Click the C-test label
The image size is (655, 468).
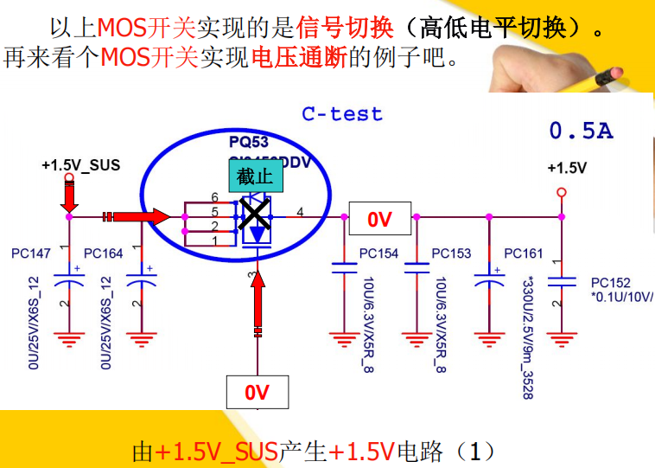click(342, 113)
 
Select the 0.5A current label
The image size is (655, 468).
click(581, 131)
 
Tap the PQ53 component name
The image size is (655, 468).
click(248, 141)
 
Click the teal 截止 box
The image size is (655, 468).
click(255, 176)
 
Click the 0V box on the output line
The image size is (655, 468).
click(379, 220)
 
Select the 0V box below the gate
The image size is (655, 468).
click(257, 393)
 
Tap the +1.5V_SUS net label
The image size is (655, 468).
click(80, 164)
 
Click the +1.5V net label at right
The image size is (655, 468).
click(567, 168)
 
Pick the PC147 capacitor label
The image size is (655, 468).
click(31, 253)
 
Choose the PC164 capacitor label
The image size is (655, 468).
click(104, 253)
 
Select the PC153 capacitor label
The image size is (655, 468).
click(451, 253)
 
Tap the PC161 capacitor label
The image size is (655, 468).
click(524, 253)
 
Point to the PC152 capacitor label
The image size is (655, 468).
click(611, 283)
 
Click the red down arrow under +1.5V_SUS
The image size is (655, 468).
click(70, 197)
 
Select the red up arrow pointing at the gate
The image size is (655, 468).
click(257, 307)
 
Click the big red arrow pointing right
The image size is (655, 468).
click(138, 216)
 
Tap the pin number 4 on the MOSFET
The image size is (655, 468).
click(300, 211)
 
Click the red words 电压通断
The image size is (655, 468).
click(298, 58)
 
